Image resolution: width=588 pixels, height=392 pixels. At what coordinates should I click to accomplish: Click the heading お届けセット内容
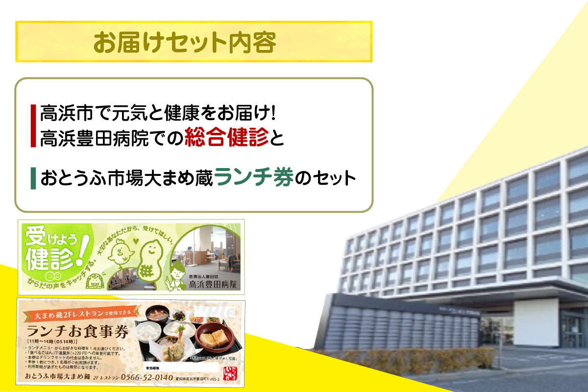tap(185, 43)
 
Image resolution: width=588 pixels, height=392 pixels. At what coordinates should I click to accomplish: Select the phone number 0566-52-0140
tap(147, 377)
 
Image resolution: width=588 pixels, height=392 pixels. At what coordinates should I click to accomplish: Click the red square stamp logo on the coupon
tap(230, 373)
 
